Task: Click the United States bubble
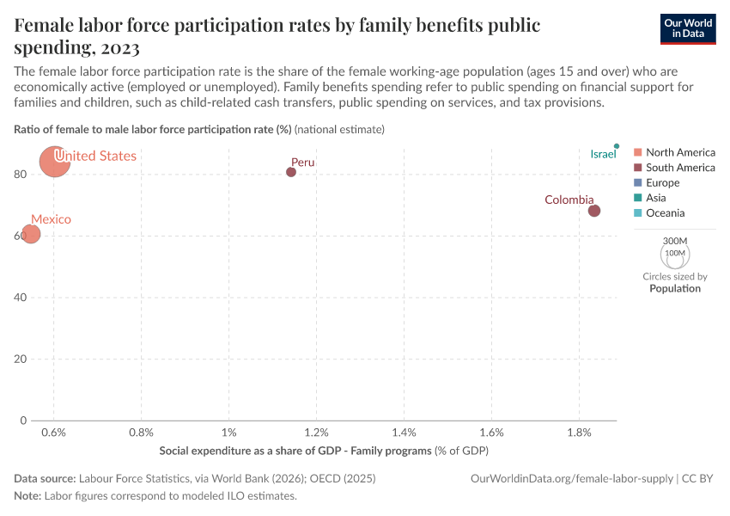(x=55, y=161)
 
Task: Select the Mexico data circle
(x=31, y=234)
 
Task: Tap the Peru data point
(x=291, y=172)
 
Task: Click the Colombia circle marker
(x=594, y=211)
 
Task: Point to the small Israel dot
(x=617, y=146)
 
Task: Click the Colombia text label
(x=569, y=200)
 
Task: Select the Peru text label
(x=303, y=162)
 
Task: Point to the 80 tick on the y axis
(x=21, y=174)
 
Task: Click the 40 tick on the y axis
(x=21, y=298)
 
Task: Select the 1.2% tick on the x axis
(x=317, y=431)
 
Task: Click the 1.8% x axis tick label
(x=579, y=431)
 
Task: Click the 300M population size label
(x=675, y=242)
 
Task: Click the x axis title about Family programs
(x=324, y=451)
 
